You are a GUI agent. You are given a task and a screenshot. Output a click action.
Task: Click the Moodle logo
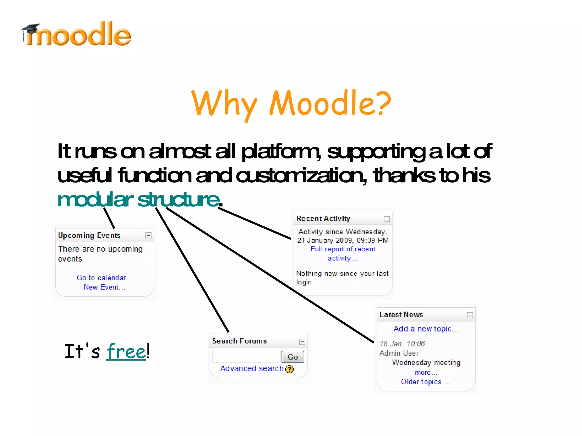pyautogui.click(x=76, y=35)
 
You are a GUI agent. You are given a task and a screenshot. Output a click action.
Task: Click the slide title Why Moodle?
pyautogui.click(x=291, y=103)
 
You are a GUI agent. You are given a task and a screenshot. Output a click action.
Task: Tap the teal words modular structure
pyautogui.click(x=139, y=199)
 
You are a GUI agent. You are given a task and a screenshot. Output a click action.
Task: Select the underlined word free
pyautogui.click(x=126, y=352)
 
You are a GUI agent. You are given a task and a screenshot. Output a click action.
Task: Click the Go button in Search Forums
pyautogui.click(x=293, y=357)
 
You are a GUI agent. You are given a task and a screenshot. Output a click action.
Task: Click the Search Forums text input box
pyautogui.click(x=246, y=357)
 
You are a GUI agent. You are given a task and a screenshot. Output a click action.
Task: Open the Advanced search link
pyautogui.click(x=252, y=369)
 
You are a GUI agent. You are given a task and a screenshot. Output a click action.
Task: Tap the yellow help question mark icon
pyautogui.click(x=290, y=369)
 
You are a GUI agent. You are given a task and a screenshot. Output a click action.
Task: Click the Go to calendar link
pyautogui.click(x=105, y=278)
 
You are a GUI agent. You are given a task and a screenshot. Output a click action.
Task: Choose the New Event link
pyautogui.click(x=105, y=287)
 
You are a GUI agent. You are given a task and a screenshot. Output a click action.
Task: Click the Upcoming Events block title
pyautogui.click(x=89, y=235)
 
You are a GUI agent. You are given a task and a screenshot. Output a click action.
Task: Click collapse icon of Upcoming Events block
pyautogui.click(x=148, y=235)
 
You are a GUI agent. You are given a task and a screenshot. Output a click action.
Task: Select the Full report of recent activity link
pyautogui.click(x=343, y=254)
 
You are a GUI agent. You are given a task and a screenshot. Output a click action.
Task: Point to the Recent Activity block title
pyautogui.click(x=323, y=219)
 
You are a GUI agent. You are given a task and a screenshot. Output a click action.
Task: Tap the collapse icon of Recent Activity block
pyautogui.click(x=387, y=219)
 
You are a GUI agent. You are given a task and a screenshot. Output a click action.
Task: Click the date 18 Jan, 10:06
pyautogui.click(x=402, y=344)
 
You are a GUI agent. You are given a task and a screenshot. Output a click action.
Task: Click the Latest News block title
pyautogui.click(x=401, y=315)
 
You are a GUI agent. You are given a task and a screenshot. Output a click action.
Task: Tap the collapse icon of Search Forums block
pyautogui.click(x=302, y=342)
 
